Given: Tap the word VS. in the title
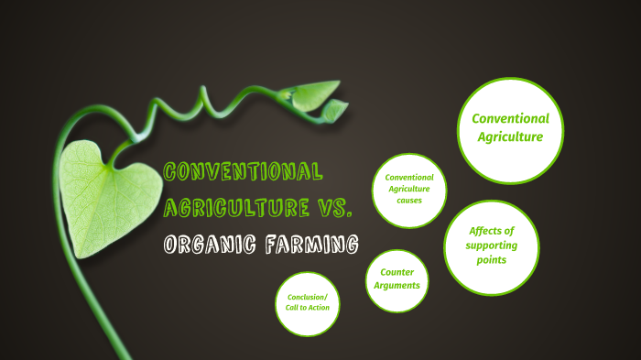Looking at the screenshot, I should (332, 207).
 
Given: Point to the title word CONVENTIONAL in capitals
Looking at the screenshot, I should (243, 171).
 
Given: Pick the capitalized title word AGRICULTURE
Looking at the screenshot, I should (235, 207).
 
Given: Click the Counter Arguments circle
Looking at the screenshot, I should (397, 279).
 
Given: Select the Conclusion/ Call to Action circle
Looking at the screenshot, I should (307, 302).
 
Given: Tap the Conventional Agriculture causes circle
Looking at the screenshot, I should (409, 189).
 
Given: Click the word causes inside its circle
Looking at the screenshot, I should (409, 200).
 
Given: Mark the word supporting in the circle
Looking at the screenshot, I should (492, 245).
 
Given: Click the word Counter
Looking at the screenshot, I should (397, 272).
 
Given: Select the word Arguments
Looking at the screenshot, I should (397, 286).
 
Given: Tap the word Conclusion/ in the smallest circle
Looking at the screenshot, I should (307, 297).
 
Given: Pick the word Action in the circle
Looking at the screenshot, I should (318, 308).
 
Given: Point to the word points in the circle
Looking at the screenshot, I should (492, 260).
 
